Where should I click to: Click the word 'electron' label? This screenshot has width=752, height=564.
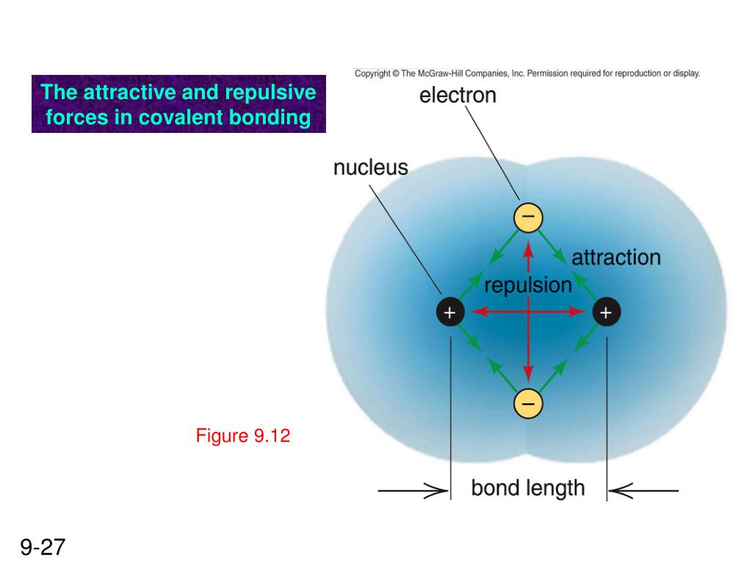pyautogui.click(x=458, y=95)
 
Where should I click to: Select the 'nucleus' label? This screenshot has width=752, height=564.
pyautogui.click(x=370, y=167)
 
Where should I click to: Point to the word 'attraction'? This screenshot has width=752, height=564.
pyautogui.click(x=616, y=258)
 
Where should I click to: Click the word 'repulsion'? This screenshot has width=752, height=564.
pyautogui.click(x=528, y=285)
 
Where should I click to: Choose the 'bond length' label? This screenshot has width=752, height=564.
pyautogui.click(x=528, y=488)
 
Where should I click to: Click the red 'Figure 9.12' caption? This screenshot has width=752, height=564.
pyautogui.click(x=243, y=436)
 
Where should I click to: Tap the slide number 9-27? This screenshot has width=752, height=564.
pyautogui.click(x=43, y=547)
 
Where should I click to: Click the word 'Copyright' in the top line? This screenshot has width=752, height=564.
pyautogui.click(x=372, y=73)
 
